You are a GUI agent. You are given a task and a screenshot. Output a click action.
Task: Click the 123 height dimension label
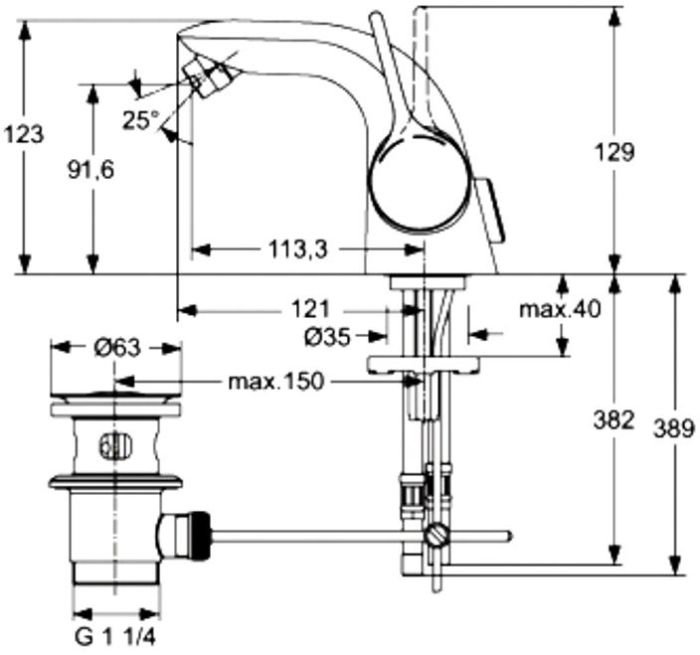(x=24, y=134)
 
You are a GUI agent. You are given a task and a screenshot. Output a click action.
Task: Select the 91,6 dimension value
(x=90, y=170)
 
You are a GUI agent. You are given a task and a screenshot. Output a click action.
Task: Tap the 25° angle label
(x=141, y=119)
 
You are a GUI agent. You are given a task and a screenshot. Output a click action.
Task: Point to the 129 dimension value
(x=613, y=152)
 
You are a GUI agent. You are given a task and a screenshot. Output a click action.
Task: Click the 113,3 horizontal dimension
(x=297, y=248)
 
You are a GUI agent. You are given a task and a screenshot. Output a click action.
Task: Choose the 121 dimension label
(x=310, y=309)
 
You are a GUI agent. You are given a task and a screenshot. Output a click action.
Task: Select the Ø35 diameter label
(x=327, y=337)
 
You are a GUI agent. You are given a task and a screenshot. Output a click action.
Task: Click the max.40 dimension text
(x=560, y=309)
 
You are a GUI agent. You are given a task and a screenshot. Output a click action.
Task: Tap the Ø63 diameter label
(x=117, y=348)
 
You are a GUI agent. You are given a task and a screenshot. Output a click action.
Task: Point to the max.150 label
(x=275, y=382)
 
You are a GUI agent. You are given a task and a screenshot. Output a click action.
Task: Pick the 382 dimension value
(x=613, y=419)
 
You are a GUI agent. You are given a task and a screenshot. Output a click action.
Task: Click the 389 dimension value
(x=674, y=428)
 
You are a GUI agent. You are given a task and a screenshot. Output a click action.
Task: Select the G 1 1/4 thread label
(x=115, y=637)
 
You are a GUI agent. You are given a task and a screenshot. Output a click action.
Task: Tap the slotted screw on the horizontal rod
(x=436, y=536)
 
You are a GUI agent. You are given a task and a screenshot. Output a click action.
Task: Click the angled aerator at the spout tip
(x=209, y=79)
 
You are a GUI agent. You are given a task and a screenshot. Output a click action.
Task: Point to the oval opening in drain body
(x=116, y=445)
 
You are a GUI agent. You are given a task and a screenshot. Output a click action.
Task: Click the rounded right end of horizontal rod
(x=509, y=536)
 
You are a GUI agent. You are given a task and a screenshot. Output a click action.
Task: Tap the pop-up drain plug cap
(x=116, y=397)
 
